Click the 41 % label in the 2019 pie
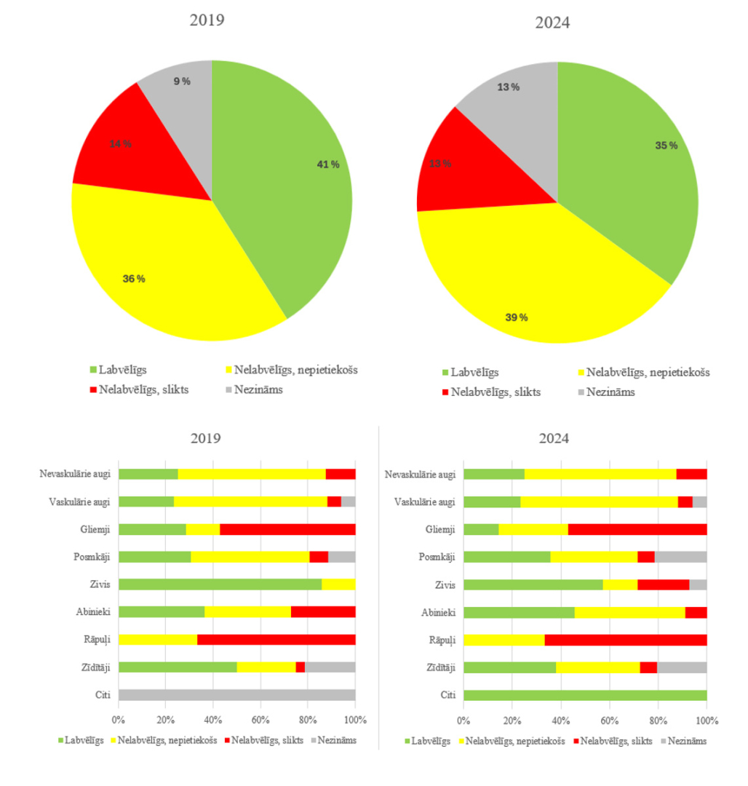tap(327, 164)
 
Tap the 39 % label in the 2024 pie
tap(517, 318)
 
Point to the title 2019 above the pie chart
tap(207, 20)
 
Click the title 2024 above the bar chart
tap(553, 439)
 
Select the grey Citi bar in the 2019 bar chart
tap(236, 694)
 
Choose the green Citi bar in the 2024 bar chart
tap(585, 694)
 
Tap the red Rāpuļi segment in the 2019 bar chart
tap(276, 640)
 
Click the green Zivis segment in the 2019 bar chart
tap(220, 584)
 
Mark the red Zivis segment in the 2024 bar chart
tap(663, 584)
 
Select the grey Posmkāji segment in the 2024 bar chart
tap(680, 557)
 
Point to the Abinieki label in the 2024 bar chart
tap(439, 612)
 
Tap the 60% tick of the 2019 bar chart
tap(260, 720)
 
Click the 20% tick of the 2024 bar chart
tap(512, 720)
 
